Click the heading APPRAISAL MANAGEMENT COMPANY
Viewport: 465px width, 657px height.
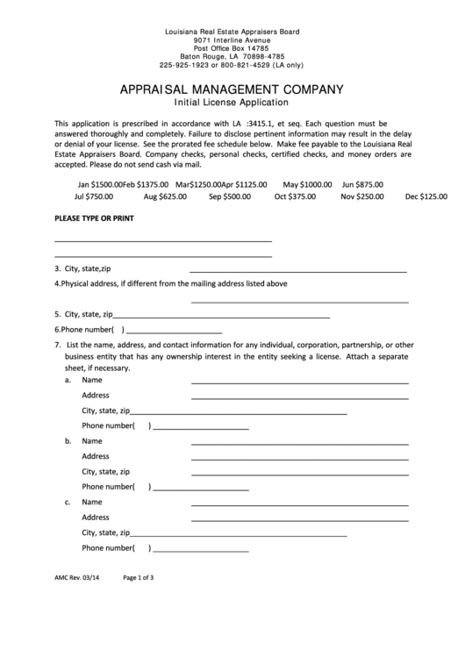[232, 89]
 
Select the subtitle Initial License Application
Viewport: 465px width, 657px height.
[232, 103]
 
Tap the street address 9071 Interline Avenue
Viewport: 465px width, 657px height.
[232, 39]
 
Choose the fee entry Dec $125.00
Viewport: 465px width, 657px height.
[426, 196]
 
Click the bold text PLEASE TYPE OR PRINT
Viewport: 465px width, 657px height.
[94, 218]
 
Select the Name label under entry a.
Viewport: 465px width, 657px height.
[92, 381]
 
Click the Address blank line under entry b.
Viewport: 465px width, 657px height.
[298, 459]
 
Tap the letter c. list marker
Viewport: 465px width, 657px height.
[68, 503]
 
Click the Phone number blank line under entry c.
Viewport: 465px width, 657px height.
[201, 550]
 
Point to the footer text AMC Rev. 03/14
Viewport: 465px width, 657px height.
[76, 578]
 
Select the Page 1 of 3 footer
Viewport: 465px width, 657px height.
[139, 578]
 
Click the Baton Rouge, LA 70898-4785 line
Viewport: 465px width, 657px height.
[232, 56]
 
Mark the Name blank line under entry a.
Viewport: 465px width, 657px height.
[298, 383]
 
